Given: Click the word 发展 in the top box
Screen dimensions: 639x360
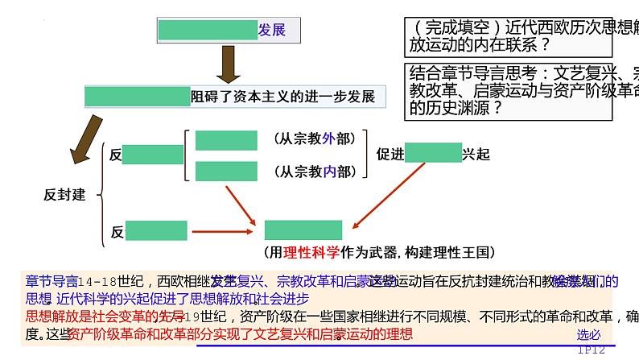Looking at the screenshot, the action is click(x=271, y=31).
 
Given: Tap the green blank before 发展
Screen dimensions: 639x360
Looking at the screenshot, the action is click(x=208, y=31).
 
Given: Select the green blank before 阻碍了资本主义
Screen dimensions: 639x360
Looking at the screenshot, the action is click(x=138, y=97).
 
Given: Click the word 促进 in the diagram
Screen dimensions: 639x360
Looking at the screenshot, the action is click(x=390, y=154).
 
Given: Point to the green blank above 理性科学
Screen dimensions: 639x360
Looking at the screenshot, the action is click(x=303, y=230).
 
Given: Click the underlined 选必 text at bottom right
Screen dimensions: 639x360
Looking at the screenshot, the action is click(x=588, y=335).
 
